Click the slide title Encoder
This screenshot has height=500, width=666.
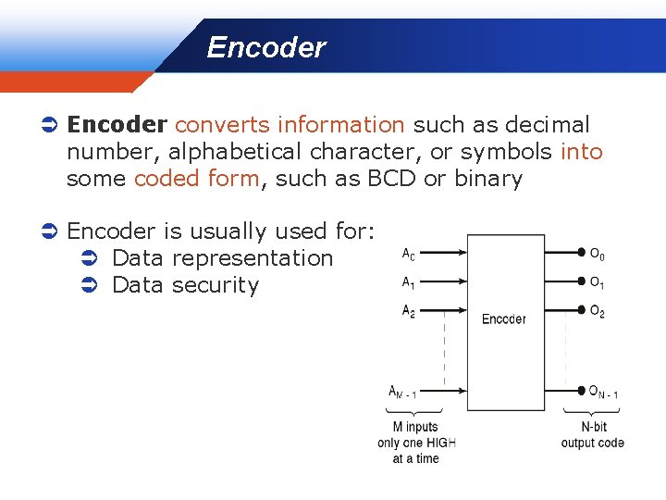(265, 47)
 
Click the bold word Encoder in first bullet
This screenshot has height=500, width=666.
(117, 125)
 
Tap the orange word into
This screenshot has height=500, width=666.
(582, 152)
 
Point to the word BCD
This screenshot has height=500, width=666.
(392, 179)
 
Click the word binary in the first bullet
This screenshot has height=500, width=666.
(487, 179)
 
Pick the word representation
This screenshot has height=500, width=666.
(253, 258)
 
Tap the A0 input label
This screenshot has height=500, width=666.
(408, 253)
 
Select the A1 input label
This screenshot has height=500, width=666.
(408, 282)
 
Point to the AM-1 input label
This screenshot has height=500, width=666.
(402, 393)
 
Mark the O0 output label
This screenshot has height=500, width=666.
(598, 254)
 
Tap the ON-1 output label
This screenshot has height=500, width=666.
(603, 393)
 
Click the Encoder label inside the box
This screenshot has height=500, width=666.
(503, 319)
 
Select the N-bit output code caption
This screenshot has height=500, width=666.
(592, 435)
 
